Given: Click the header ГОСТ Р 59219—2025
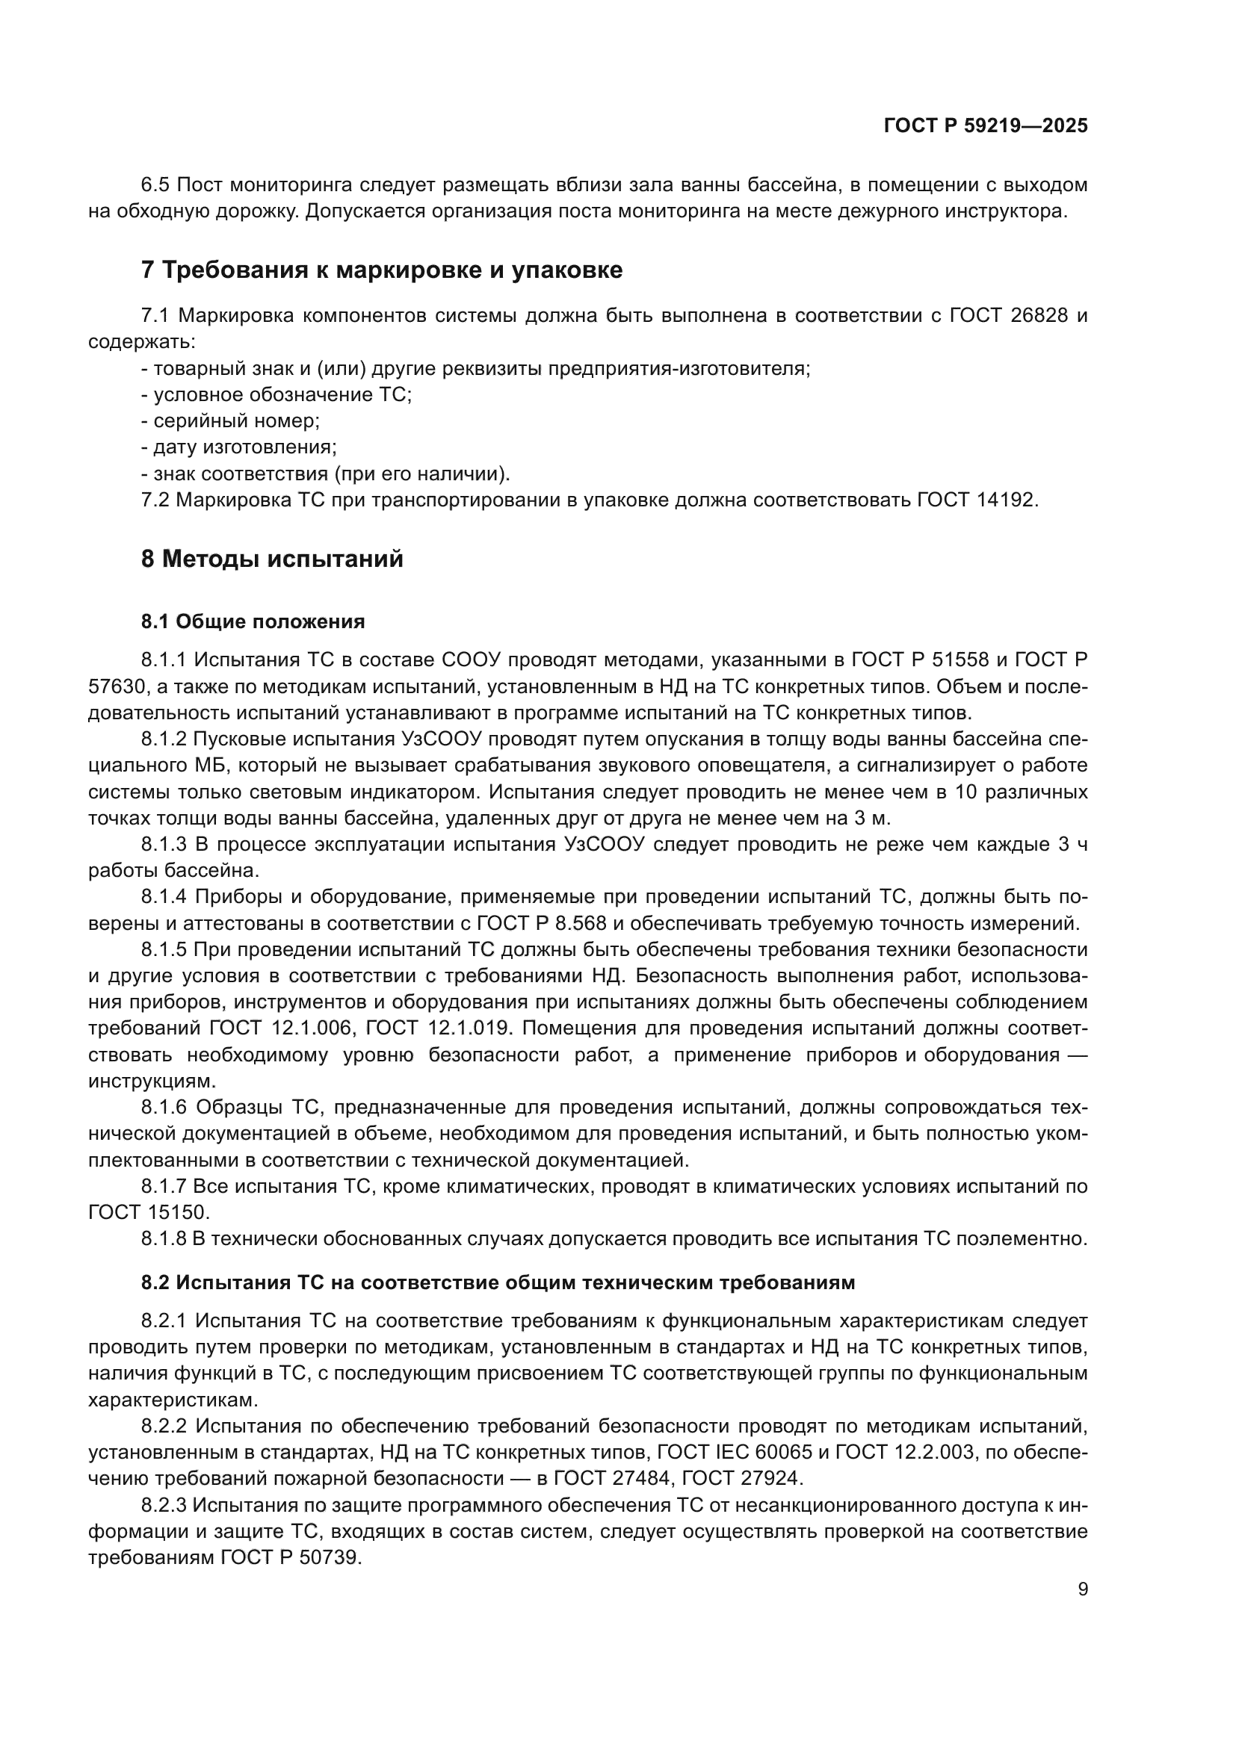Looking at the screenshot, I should click(x=986, y=126).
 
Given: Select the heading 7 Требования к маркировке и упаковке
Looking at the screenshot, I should click(x=382, y=270).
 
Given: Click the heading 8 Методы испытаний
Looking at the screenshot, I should click(x=273, y=559).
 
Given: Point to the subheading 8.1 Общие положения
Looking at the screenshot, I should click(x=253, y=621).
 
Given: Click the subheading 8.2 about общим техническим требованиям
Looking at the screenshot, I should click(x=498, y=1283).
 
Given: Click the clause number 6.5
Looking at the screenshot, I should click(x=158, y=185).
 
